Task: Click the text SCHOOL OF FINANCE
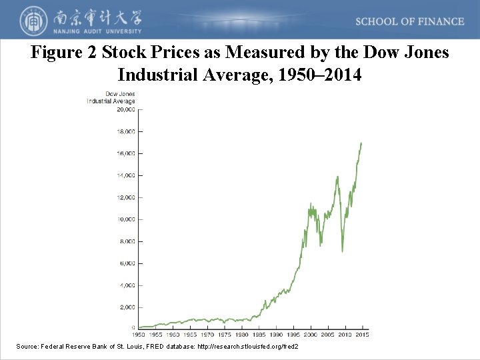coord(409,21)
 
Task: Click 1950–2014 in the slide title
coord(321,74)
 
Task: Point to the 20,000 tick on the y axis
coord(125,109)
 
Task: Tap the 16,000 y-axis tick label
coord(125,153)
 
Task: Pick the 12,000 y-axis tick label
coord(125,197)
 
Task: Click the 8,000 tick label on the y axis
coord(127,241)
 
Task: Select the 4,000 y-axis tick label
coord(127,285)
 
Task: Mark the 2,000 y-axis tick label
coord(127,307)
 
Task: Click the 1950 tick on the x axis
coord(138,335)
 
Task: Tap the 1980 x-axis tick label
coord(241,335)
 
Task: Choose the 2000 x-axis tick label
coord(311,335)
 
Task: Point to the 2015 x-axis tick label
coord(362,335)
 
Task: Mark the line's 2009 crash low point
coord(342,251)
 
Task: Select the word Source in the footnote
coord(27,347)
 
